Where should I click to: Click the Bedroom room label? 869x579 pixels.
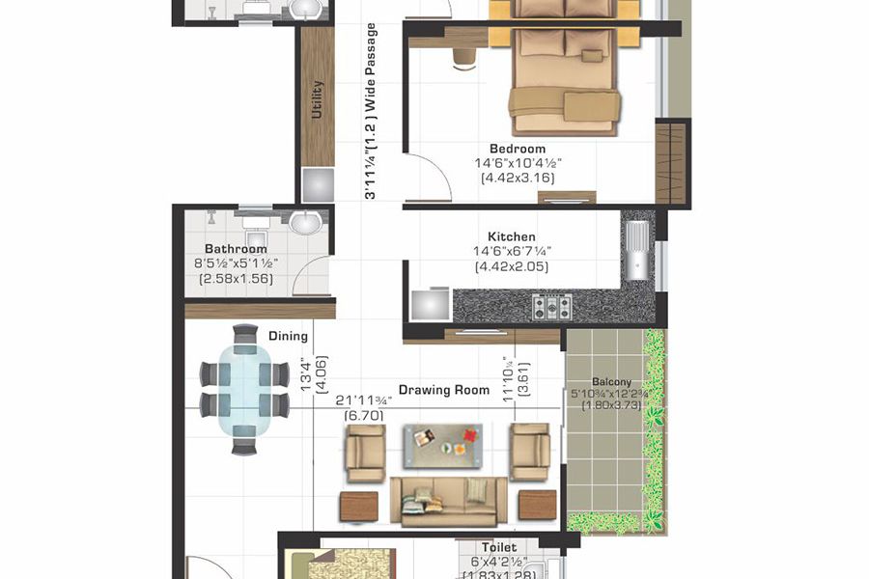click(518, 149)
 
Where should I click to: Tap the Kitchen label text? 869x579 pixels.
click(511, 236)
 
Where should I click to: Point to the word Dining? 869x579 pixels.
click(288, 336)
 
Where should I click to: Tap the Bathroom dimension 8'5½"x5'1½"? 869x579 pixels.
click(236, 263)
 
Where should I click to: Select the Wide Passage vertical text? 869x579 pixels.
click(370, 111)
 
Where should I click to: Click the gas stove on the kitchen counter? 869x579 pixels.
click(552, 308)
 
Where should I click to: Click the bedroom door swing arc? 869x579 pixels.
click(428, 179)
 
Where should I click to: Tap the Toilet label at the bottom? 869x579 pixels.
click(499, 547)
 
